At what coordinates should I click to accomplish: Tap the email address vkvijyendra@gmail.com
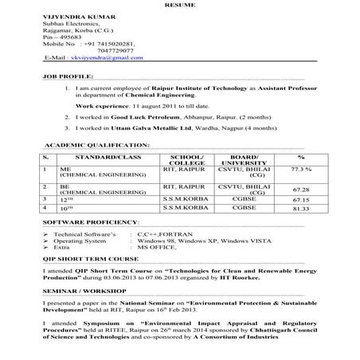point(100,58)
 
